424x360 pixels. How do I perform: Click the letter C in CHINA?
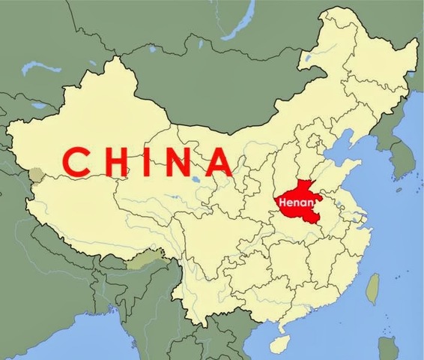pyautogui.click(x=76, y=162)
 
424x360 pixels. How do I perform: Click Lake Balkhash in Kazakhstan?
pyautogui.click(x=34, y=68)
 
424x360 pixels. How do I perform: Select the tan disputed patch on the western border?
pyautogui.click(x=34, y=175)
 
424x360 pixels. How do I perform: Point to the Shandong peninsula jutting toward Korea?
pyautogui.click(x=358, y=166)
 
